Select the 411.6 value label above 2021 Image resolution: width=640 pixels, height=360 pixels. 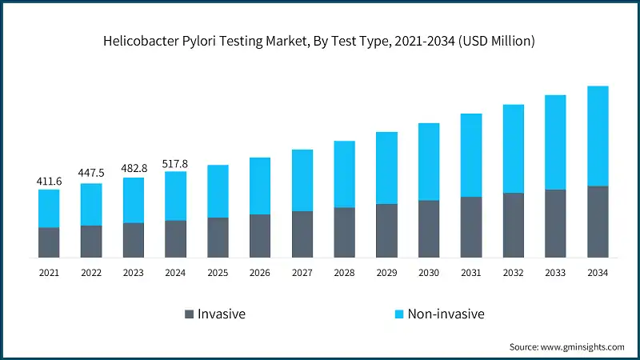click(x=49, y=182)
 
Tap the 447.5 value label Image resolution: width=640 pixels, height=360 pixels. click(x=91, y=173)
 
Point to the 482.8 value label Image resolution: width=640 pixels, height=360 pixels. click(x=134, y=168)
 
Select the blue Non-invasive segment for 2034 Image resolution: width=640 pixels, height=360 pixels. click(x=598, y=136)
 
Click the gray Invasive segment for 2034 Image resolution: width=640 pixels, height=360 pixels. click(x=598, y=222)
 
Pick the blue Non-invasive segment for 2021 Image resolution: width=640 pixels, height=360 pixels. click(x=49, y=208)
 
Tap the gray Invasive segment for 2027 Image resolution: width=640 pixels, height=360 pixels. click(x=302, y=234)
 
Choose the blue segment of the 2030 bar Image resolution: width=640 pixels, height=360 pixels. click(x=429, y=162)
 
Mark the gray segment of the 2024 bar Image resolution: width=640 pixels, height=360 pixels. click(x=176, y=238)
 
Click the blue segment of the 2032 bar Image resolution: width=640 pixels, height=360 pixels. click(x=513, y=149)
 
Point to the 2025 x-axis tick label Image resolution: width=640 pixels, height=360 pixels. click(x=218, y=273)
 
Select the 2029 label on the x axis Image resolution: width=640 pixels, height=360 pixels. click(x=386, y=273)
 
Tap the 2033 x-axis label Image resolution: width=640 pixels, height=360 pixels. click(x=555, y=273)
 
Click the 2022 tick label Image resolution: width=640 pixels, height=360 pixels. click(x=91, y=273)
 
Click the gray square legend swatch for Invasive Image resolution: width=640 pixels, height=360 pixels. click(x=190, y=314)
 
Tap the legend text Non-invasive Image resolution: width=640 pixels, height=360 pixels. click(x=446, y=314)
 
